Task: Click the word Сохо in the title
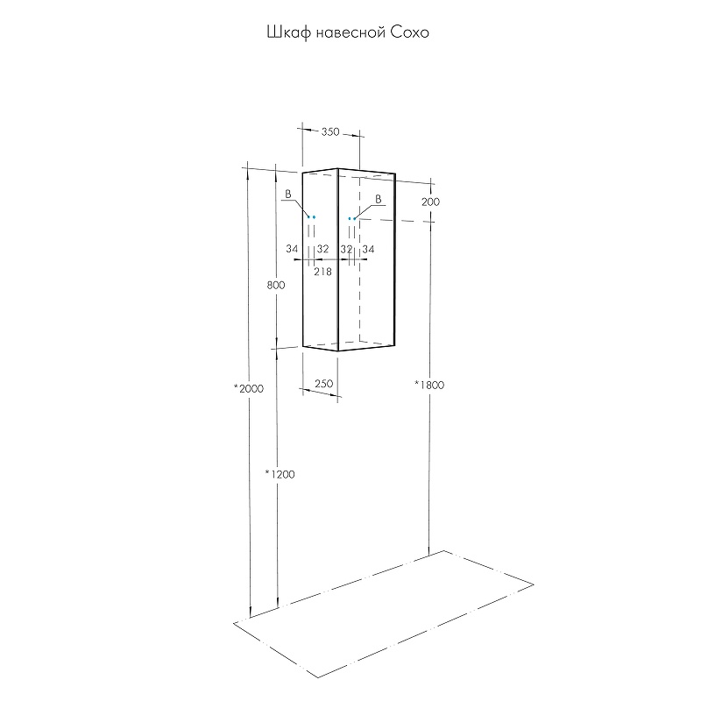(x=410, y=32)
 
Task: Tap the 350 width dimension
(x=330, y=132)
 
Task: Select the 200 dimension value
(x=430, y=202)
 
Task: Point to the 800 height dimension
(x=276, y=285)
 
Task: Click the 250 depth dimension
(x=323, y=384)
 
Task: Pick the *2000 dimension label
(x=249, y=388)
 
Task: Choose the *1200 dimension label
(x=280, y=474)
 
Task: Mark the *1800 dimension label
(x=429, y=385)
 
